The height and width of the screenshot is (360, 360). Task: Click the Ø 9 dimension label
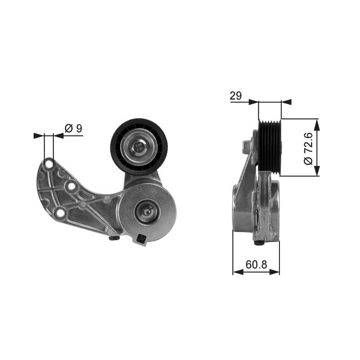coord(73,128)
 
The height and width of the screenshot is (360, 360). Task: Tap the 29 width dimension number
coord(236,95)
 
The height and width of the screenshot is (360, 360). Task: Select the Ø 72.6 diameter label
coord(308,148)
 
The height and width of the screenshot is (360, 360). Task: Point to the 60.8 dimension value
coord(256,265)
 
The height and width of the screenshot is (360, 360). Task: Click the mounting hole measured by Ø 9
coord(49,164)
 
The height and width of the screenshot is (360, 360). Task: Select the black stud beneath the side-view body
coord(259,243)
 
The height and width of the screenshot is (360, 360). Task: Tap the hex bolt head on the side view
coord(246,145)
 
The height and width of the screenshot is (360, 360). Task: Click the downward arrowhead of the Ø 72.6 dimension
coord(317,171)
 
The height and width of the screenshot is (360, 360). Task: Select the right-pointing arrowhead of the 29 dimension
coord(254,102)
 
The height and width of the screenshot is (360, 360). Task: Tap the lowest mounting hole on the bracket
coord(59,213)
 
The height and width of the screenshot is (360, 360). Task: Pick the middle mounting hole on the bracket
coord(71,185)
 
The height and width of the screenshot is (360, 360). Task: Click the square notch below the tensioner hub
coord(142,239)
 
